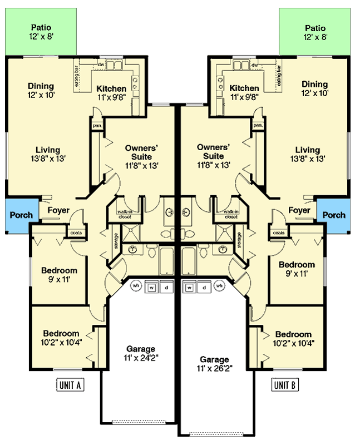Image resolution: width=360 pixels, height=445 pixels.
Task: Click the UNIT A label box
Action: (x=71, y=384)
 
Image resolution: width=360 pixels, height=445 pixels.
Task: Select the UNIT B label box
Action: (x=285, y=384)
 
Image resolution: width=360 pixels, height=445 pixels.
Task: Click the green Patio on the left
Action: (x=42, y=32)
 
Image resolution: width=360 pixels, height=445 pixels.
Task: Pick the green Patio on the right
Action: (x=315, y=32)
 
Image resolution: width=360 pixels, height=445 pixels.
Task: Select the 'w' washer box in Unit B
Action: (x=190, y=288)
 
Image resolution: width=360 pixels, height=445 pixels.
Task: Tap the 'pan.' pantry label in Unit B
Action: (x=258, y=126)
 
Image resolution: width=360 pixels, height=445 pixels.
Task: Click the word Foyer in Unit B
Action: (x=299, y=210)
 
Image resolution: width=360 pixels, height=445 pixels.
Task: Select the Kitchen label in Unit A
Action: (x=111, y=88)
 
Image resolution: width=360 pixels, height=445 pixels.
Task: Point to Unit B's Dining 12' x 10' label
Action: (x=314, y=89)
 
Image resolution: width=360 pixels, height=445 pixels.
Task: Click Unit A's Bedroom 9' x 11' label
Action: (x=59, y=275)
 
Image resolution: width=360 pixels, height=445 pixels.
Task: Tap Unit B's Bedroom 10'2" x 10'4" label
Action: (x=293, y=338)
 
